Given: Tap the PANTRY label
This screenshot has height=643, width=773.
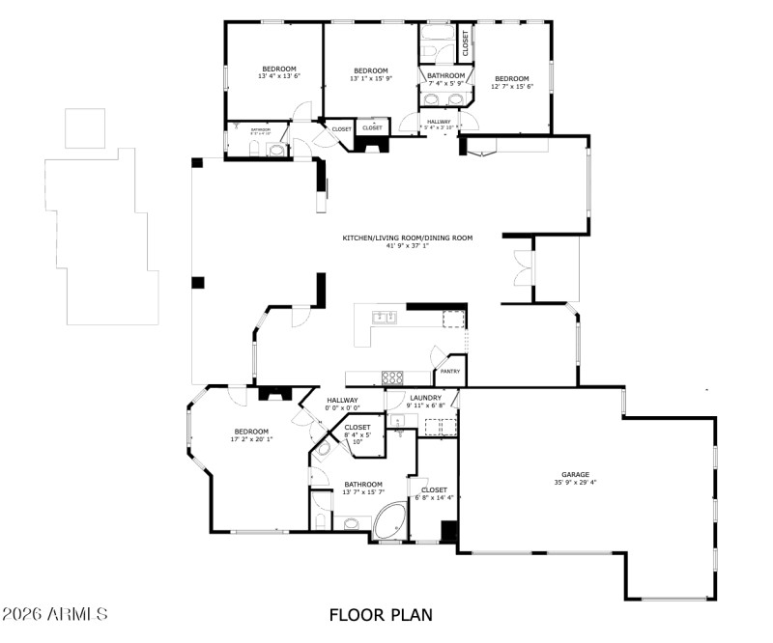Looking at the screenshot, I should coord(450,371).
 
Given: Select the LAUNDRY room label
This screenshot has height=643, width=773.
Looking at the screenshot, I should coord(425,398).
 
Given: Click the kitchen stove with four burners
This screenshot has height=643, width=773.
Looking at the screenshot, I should coord(393,377).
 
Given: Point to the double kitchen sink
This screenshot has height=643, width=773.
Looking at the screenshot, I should coord(384,316).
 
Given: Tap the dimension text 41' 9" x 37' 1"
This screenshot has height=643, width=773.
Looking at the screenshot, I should coord(407,245).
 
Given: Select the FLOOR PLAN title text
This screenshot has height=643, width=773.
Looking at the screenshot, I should coord(381,614).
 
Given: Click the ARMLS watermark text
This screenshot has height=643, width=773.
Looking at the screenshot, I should coord(55,614).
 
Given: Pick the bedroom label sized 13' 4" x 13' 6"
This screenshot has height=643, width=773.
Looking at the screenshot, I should coord(279,68).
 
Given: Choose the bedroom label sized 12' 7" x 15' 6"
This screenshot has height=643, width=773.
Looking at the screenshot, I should coord(512,78).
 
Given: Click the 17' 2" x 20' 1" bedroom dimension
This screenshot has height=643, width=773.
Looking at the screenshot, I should coord(251,439).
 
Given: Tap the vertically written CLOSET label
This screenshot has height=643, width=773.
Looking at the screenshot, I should coord(465,42).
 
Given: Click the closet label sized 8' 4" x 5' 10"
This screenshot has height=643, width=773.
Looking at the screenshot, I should coord(358,427).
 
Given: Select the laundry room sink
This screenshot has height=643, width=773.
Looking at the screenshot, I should coord(398,420).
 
